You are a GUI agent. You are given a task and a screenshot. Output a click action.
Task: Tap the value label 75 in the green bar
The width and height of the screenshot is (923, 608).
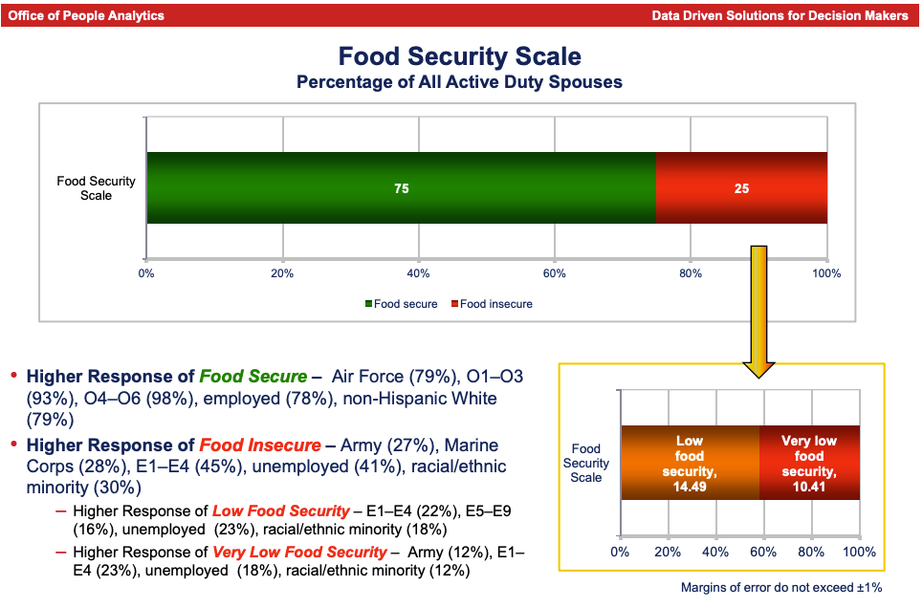(x=402, y=189)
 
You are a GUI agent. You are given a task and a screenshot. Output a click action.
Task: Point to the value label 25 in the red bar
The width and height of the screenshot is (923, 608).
(x=741, y=189)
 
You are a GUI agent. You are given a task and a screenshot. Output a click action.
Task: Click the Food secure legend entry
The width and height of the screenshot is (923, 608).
(x=401, y=304)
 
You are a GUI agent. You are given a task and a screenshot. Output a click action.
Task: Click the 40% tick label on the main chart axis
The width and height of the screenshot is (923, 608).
(x=418, y=273)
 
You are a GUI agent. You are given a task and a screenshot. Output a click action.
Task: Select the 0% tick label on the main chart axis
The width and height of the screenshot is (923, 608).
(x=146, y=273)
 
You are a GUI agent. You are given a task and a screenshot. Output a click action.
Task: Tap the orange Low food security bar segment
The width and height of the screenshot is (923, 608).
(x=690, y=463)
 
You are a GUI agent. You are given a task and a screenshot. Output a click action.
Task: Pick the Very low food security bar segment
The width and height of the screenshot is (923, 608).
(x=809, y=463)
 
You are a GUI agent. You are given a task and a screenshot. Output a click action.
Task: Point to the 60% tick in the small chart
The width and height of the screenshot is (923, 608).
(x=763, y=552)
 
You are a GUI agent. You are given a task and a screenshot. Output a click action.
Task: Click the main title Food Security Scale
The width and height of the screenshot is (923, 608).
(x=460, y=57)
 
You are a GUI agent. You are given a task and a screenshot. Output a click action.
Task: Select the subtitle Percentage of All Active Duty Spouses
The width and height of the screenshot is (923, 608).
(x=460, y=82)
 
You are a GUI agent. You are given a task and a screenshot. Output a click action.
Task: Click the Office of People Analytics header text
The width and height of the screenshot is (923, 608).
(x=86, y=15)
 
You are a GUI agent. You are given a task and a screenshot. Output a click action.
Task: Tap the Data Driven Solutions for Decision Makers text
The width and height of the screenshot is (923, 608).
(x=780, y=15)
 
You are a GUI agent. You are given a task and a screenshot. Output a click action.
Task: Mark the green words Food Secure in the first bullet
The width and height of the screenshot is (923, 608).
(x=253, y=377)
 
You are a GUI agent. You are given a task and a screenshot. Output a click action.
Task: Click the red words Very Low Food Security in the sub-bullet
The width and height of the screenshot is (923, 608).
(x=299, y=552)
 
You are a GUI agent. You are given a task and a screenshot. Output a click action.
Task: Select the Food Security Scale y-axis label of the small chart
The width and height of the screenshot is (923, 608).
(x=585, y=463)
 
